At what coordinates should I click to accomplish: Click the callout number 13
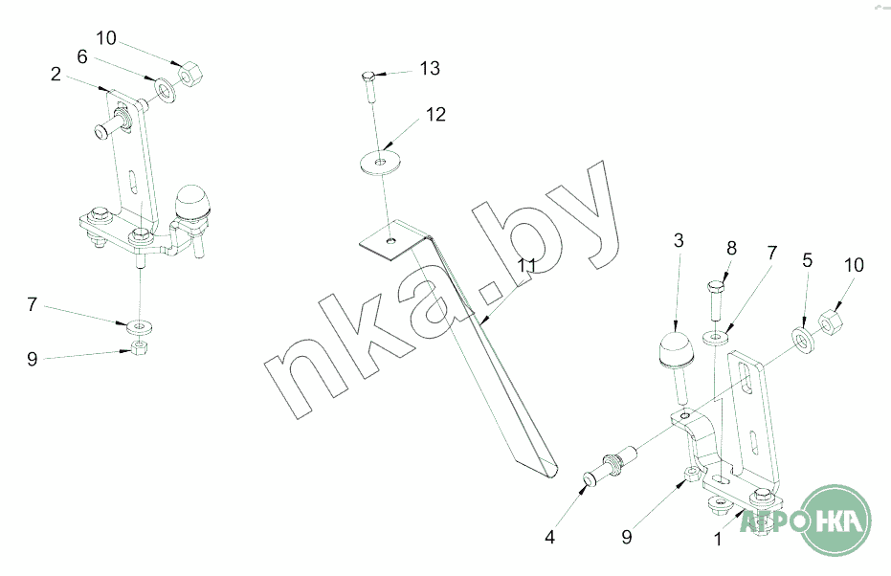coord(430,68)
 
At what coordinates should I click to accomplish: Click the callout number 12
coord(435,114)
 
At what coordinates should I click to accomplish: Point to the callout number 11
coord(526,265)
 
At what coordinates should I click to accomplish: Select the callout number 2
coord(56,74)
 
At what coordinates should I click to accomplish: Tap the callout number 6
coord(82,56)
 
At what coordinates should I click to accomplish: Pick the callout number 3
coord(679,240)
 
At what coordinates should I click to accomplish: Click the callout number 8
coord(731,248)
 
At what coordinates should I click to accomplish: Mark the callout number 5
coord(808,260)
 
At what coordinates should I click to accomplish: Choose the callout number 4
coord(549,537)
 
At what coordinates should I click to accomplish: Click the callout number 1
coord(718,539)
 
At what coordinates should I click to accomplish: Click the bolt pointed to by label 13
coord(368,87)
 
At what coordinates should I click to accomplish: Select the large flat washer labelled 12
coord(381,162)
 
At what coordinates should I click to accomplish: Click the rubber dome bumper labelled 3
coord(675,348)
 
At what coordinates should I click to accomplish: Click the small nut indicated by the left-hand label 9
coord(139,346)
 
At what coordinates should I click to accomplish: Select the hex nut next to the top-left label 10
coord(189,74)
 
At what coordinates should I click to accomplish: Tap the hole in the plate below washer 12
coord(390,241)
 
